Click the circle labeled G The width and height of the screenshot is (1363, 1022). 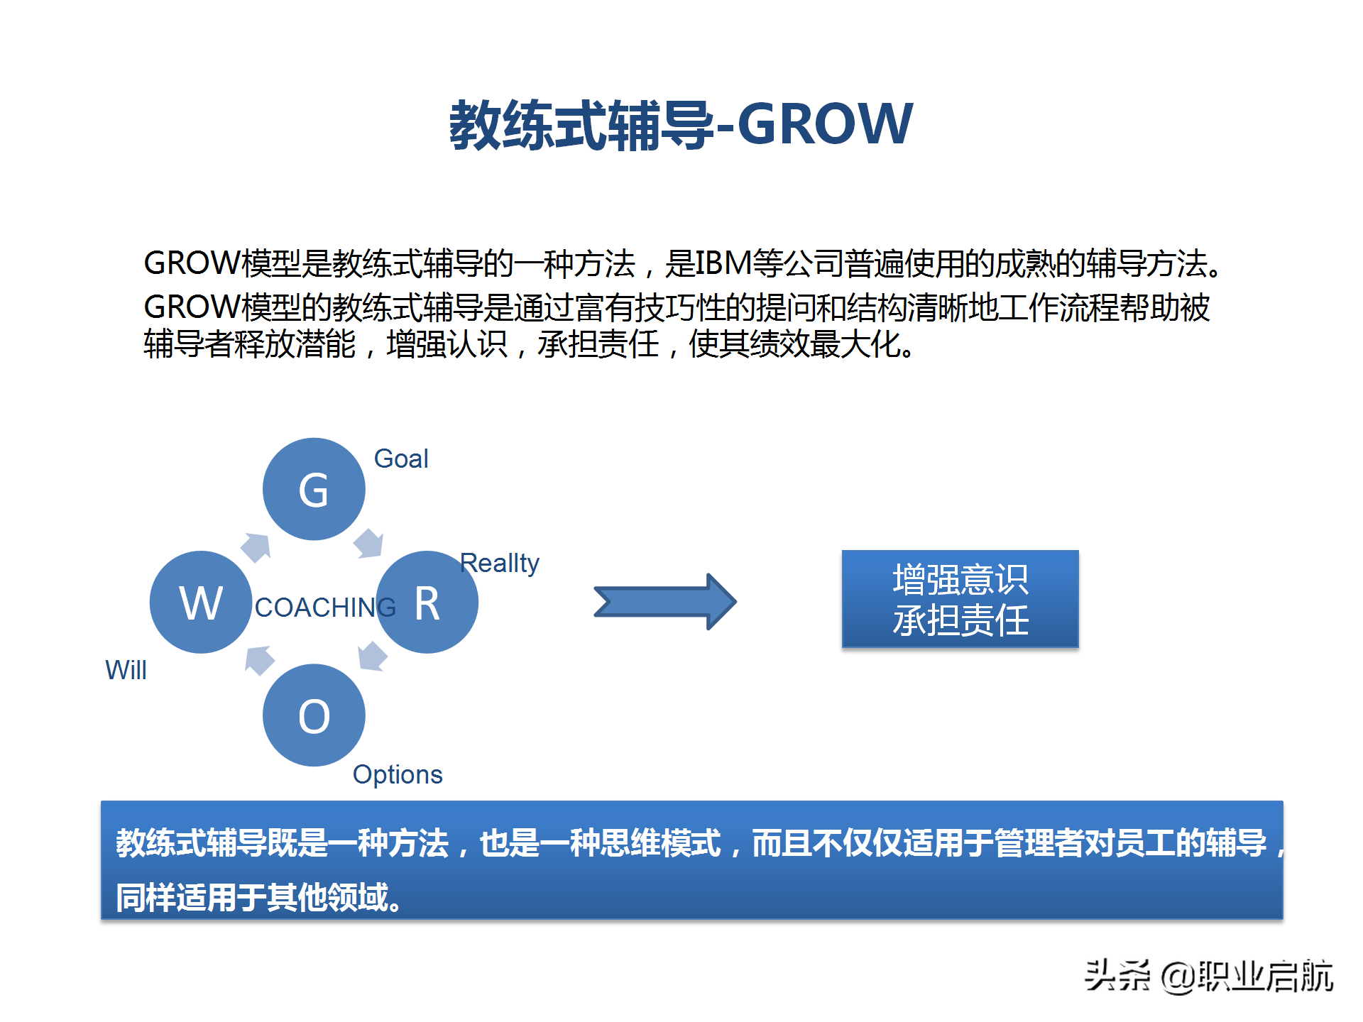[x=314, y=489]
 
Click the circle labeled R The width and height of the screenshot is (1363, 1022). [x=427, y=603]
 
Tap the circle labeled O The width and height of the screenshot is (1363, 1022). [x=314, y=715]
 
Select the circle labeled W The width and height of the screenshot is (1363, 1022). [x=201, y=603]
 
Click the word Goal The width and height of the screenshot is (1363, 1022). [x=401, y=459]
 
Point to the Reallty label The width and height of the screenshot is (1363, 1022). [x=500, y=564]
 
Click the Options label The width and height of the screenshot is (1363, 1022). [x=398, y=774]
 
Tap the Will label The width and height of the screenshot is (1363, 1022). [x=126, y=670]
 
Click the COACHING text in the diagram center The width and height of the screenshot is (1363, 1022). [x=325, y=608]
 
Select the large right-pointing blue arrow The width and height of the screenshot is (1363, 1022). [x=665, y=602]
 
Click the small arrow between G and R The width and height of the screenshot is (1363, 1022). [x=369, y=544]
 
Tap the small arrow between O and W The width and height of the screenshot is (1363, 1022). [x=259, y=659]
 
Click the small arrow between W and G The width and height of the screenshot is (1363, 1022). [x=256, y=546]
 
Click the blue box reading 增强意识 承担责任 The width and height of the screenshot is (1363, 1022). [x=960, y=599]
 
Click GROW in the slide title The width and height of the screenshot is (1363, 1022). [x=825, y=124]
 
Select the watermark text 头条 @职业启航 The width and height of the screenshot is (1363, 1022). [x=1208, y=976]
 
